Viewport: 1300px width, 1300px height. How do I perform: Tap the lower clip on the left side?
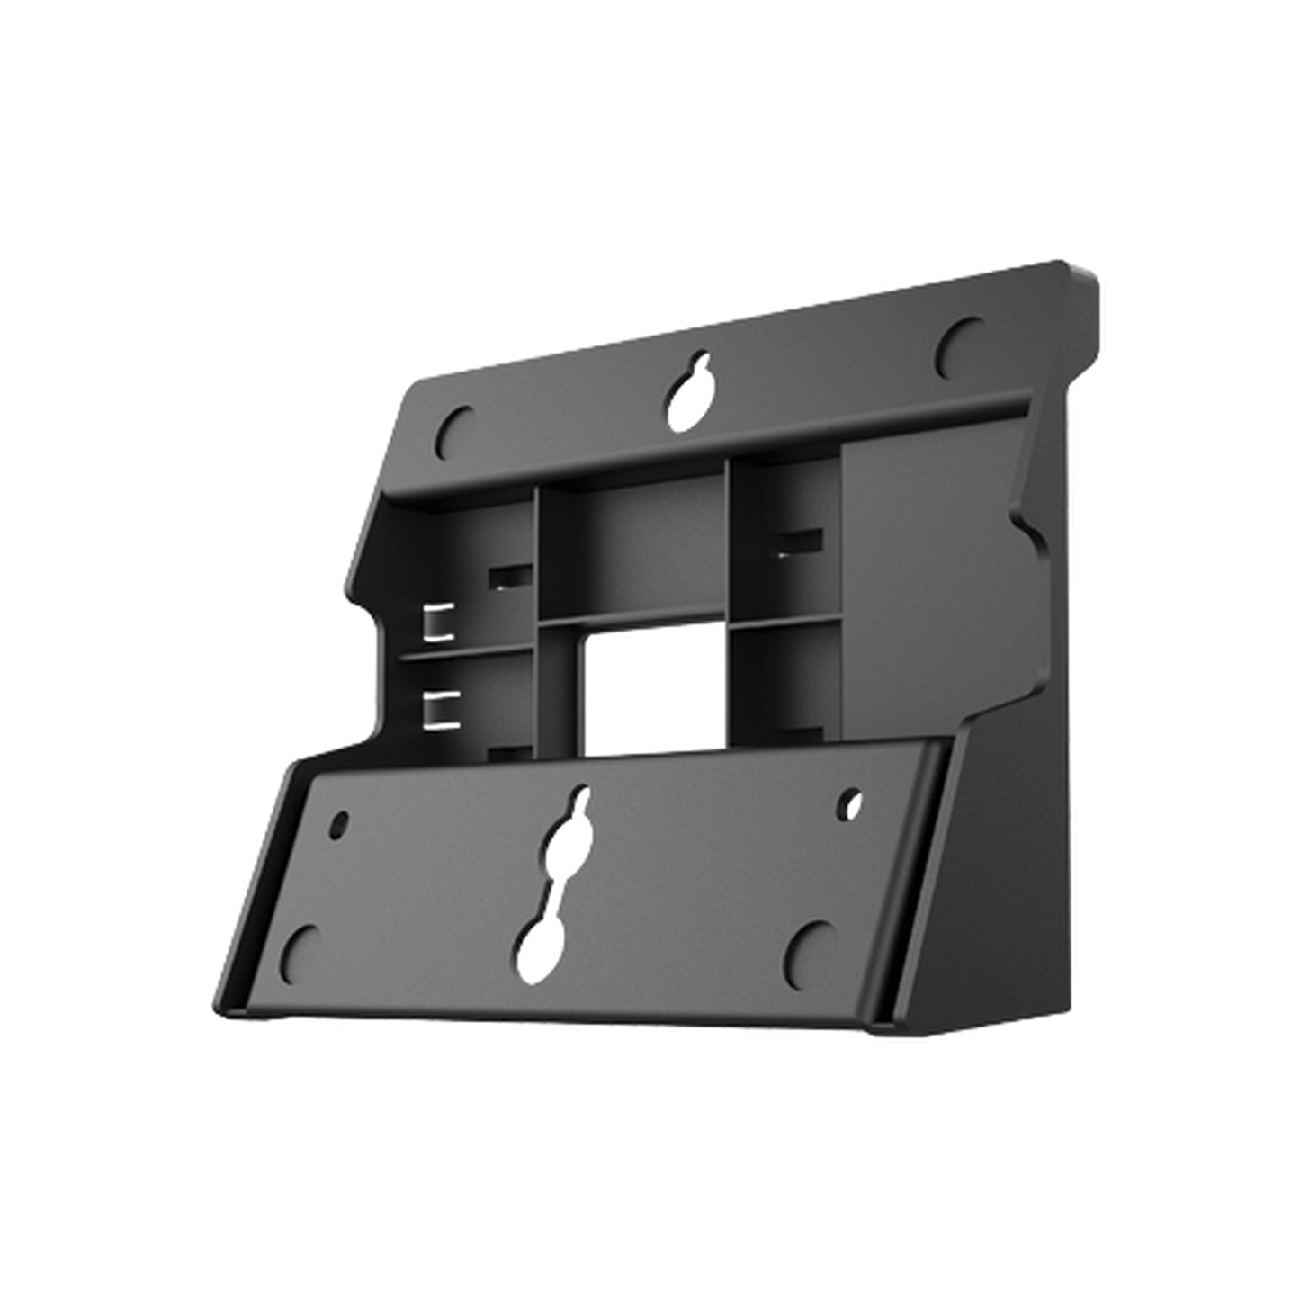tap(438, 707)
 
